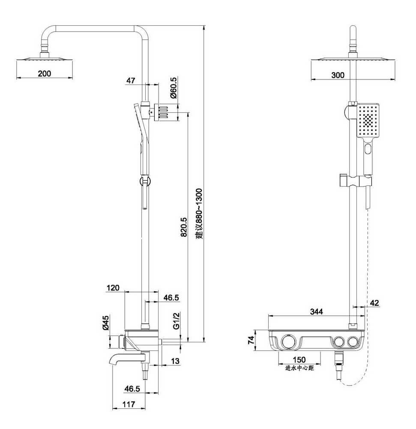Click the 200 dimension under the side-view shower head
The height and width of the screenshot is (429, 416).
point(44,74)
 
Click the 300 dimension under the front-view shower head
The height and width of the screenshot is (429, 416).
point(338,75)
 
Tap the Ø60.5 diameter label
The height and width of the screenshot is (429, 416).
point(174,87)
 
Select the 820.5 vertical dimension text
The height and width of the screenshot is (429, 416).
point(184,227)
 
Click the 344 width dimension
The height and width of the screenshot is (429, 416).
point(317,311)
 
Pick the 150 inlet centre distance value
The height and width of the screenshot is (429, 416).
point(299,360)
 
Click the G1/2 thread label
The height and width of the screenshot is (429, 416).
point(177,320)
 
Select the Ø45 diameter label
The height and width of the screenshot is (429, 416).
point(105,323)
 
